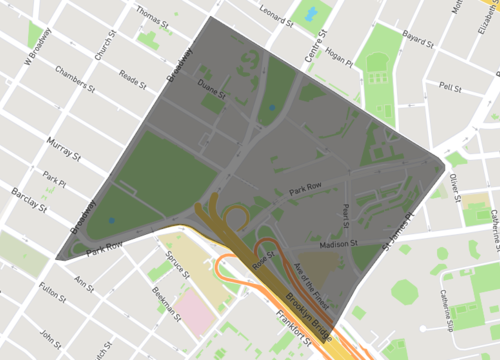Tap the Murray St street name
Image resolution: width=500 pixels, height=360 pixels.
pyautogui.click(x=63, y=152)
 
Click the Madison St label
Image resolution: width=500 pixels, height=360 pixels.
pyautogui.click(x=332, y=241)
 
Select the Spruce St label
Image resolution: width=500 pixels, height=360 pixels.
pyautogui.click(x=177, y=267)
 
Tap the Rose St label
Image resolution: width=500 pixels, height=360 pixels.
pyautogui.click(x=264, y=260)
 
